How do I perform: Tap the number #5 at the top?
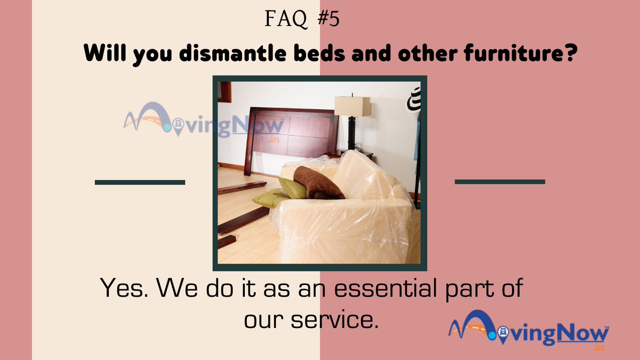pos(326,20)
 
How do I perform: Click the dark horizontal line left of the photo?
pos(140,182)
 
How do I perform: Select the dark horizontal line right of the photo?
pos(500,182)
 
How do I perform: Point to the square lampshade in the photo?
pos(353,106)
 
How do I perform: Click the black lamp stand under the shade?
pos(351,133)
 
